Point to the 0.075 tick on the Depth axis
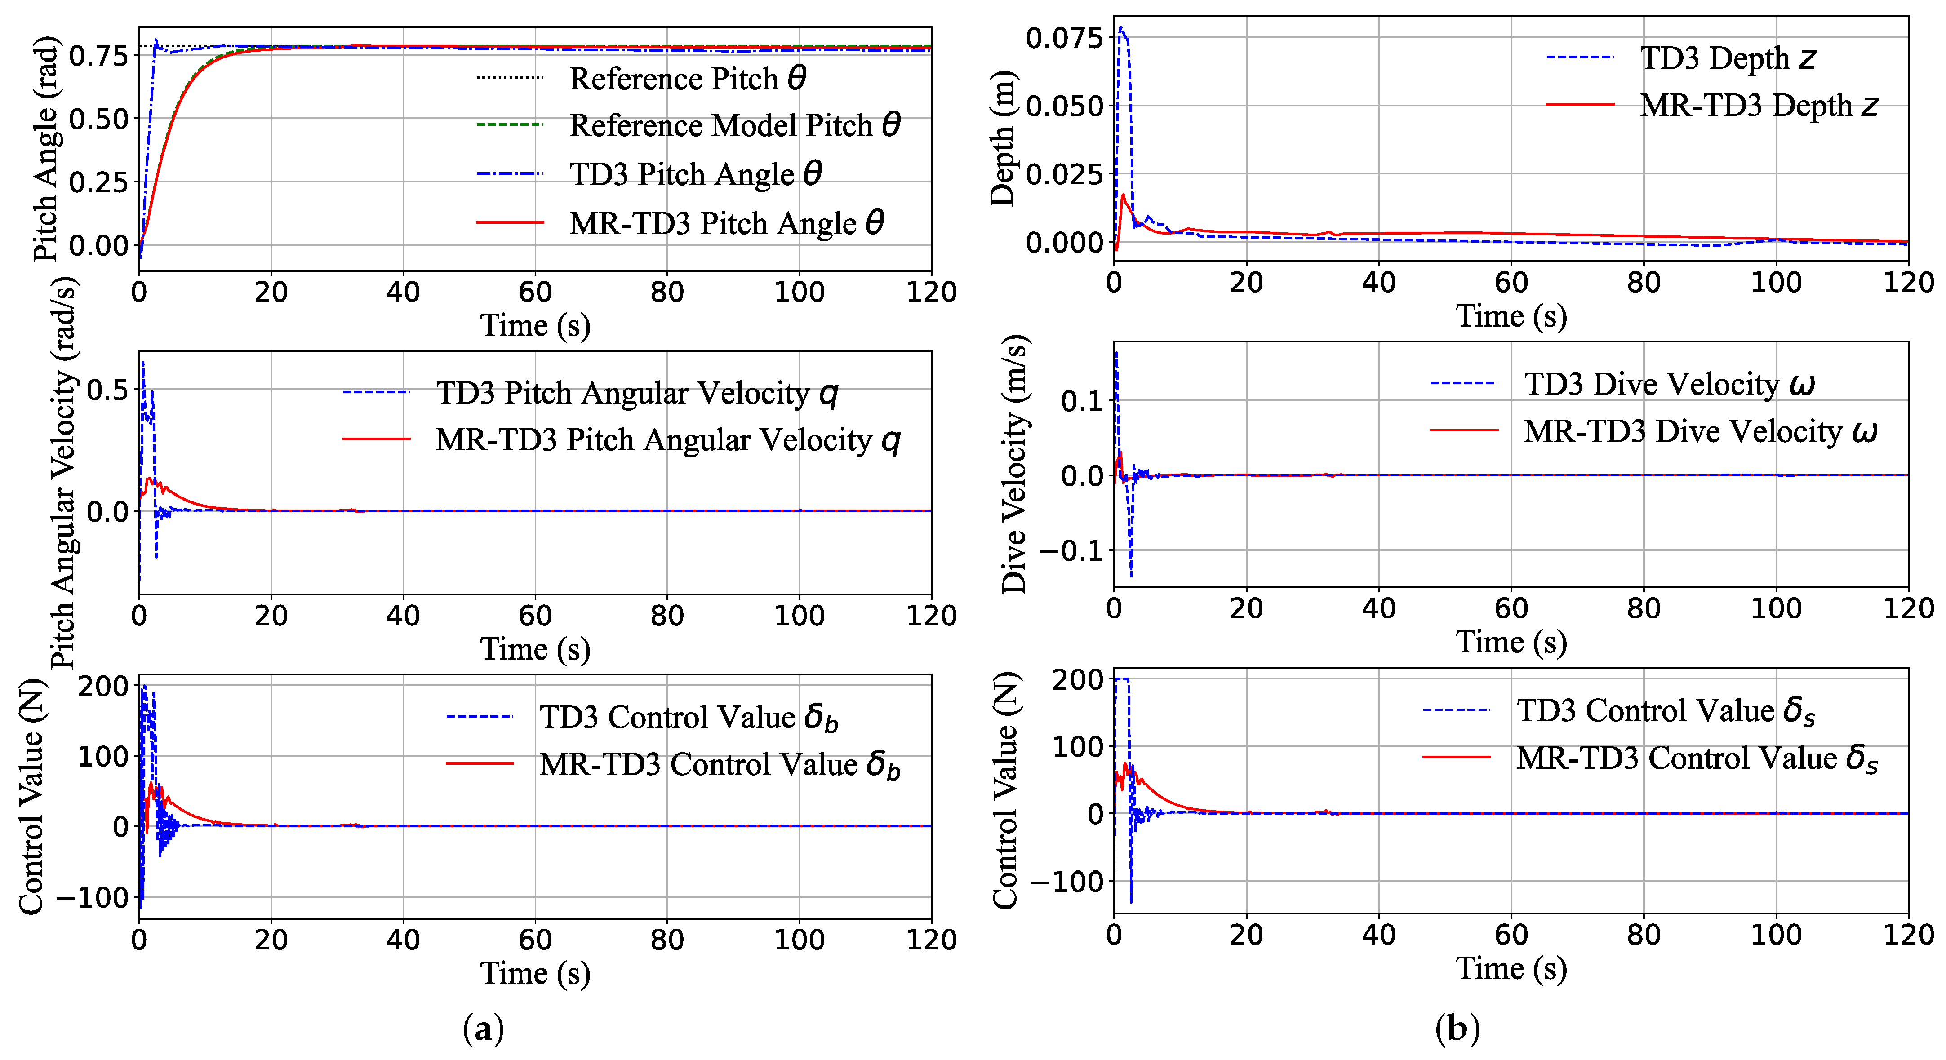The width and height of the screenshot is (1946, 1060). pos(1064,37)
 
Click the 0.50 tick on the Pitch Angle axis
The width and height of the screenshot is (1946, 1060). pos(99,119)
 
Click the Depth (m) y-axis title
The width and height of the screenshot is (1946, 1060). pos(1003,139)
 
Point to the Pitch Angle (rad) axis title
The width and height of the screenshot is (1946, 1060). pos(45,149)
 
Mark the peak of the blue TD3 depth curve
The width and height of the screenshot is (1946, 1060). pos(1120,28)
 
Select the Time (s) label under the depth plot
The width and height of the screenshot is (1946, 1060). pos(1511,316)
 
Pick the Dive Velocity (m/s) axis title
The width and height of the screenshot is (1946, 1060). pos(1014,464)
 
